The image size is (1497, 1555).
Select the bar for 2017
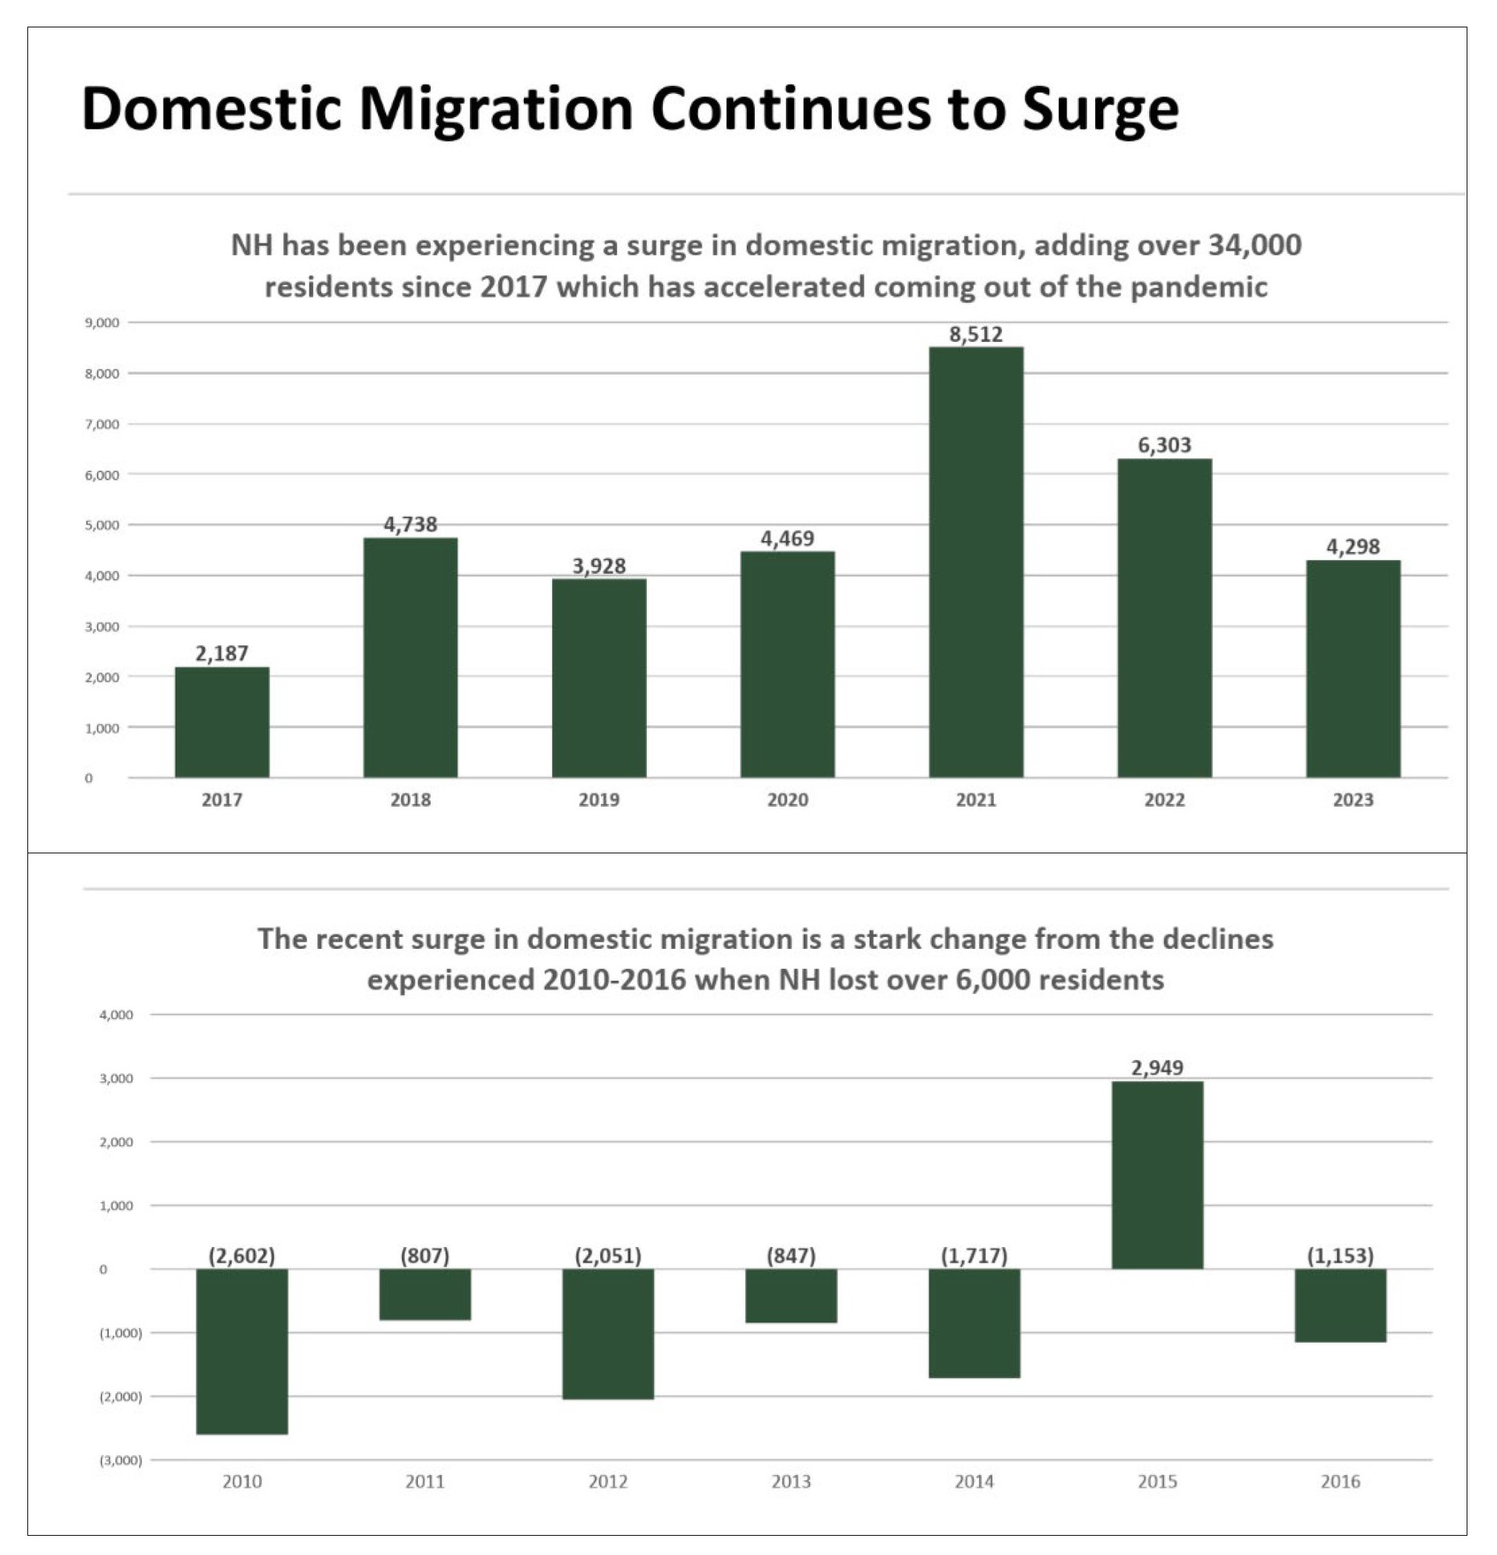pyautogui.click(x=221, y=722)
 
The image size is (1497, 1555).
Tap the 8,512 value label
pyautogui.click(x=976, y=334)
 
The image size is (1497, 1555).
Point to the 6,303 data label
pyautogui.click(x=1164, y=445)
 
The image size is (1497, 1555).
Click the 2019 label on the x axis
pyautogui.click(x=599, y=800)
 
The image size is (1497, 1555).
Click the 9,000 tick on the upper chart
pyautogui.click(x=102, y=323)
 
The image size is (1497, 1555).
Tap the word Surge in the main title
pyautogui.click(x=1100, y=109)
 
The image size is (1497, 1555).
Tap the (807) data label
pyautogui.click(x=425, y=1256)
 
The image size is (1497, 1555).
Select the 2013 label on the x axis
pyautogui.click(x=791, y=1481)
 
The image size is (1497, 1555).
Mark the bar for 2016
pyautogui.click(x=1340, y=1305)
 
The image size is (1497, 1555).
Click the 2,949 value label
pyautogui.click(x=1157, y=1068)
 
